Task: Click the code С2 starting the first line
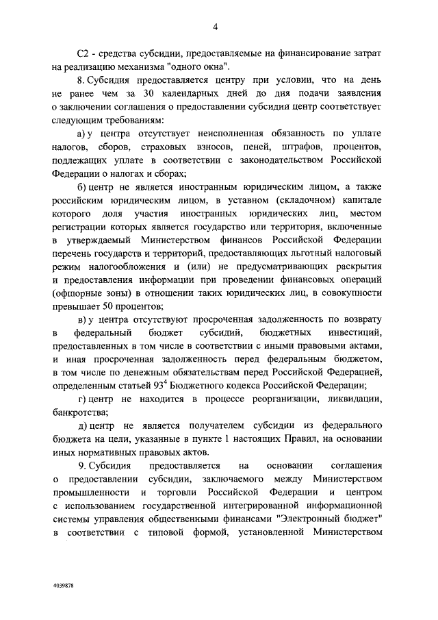(82, 53)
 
